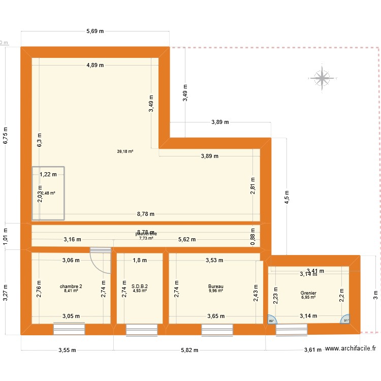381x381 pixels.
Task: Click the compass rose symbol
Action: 322,78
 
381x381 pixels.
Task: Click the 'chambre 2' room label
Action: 71,287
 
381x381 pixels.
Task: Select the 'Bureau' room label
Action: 216,287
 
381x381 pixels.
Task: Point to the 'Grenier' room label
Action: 308,293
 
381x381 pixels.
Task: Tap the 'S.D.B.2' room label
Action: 140,287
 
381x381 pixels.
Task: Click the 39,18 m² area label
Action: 125,151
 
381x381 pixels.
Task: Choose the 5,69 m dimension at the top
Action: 95,31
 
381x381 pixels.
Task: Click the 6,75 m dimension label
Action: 6,136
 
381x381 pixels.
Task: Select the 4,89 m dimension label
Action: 95,65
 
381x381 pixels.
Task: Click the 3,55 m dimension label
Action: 67,350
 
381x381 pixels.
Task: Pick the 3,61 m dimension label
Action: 313,350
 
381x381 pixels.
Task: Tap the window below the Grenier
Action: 292,330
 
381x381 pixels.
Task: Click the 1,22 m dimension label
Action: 49,174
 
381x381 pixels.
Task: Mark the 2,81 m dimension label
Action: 252,185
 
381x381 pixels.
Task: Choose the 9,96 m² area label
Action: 216,291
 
